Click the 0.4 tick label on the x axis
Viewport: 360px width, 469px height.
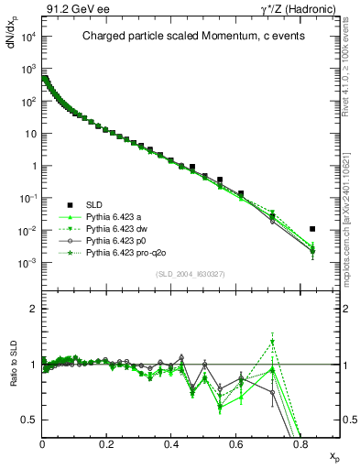pos(171,444)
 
